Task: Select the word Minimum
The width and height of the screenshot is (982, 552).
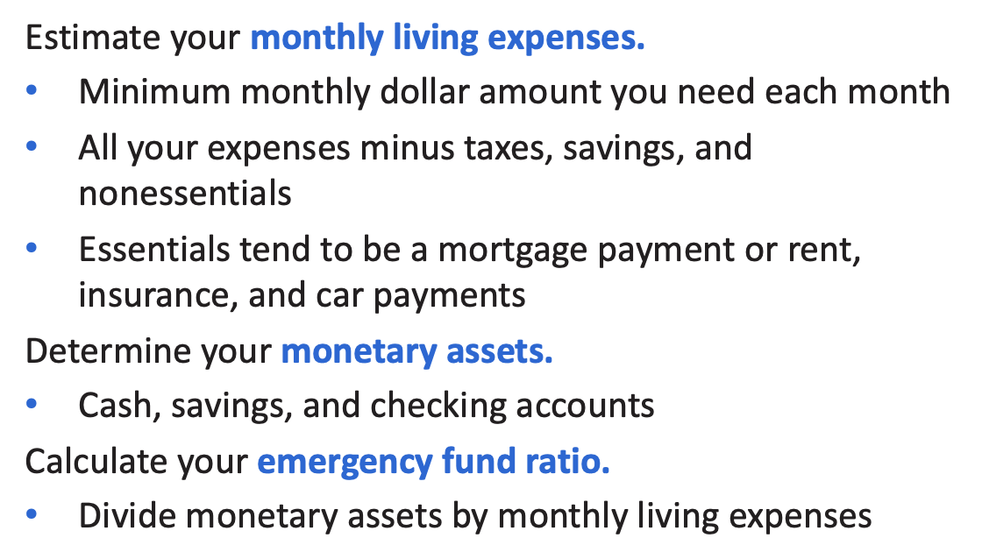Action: (154, 92)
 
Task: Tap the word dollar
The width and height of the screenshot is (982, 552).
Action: (424, 92)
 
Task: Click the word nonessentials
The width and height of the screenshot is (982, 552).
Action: (185, 193)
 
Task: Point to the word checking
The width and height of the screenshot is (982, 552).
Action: (438, 407)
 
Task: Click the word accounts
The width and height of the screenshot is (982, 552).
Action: (585, 407)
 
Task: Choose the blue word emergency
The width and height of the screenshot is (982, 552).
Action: (345, 463)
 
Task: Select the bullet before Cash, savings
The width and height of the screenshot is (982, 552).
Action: (32, 404)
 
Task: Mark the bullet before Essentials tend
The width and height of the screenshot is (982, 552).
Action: (32, 248)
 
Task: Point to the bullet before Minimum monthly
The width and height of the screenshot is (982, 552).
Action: (32, 90)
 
